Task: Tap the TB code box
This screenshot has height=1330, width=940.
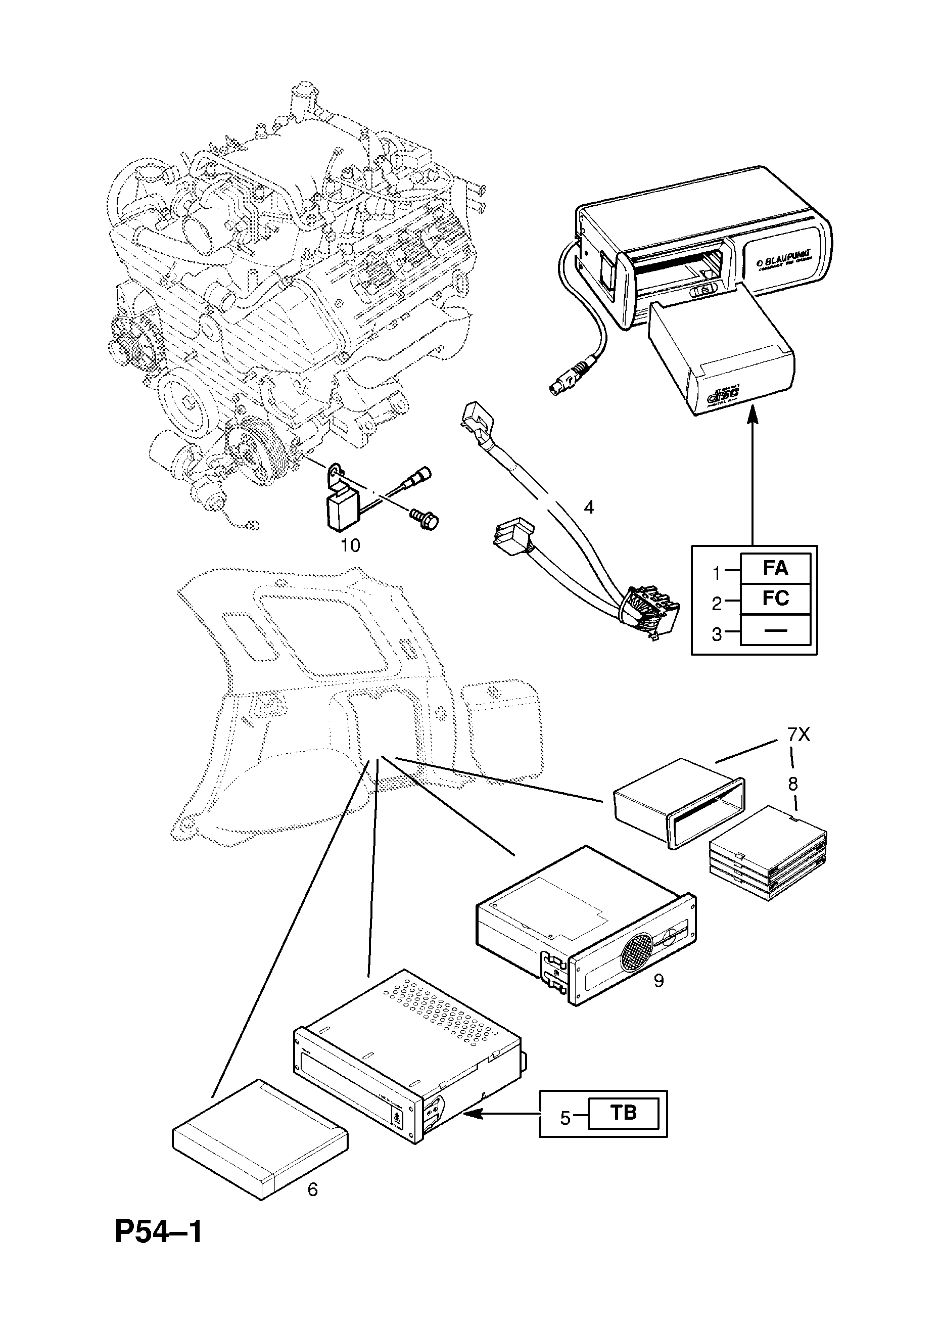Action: coord(623,1113)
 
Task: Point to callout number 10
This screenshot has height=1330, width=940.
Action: coord(350,545)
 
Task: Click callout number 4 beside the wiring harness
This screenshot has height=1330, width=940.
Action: coord(588,508)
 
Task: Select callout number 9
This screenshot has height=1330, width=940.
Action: coord(658,981)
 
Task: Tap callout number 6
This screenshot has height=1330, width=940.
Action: coord(312,1190)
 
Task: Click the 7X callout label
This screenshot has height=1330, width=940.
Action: coord(798,735)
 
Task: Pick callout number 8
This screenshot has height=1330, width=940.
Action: coord(792,784)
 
